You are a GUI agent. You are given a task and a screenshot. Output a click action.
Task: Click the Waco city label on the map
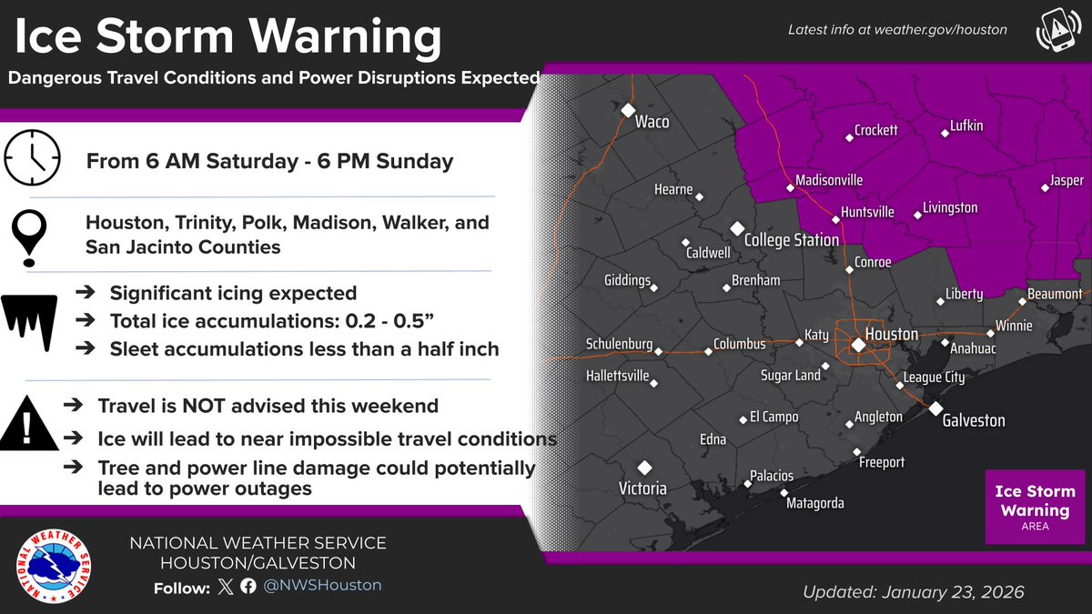652,122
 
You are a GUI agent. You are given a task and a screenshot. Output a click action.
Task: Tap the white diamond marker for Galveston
935,408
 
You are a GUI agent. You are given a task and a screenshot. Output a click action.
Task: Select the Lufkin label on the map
966,126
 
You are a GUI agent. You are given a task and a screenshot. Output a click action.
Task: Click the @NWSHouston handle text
322,586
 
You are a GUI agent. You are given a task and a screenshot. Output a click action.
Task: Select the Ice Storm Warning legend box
1034,507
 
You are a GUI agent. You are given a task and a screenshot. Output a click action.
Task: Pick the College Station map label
791,240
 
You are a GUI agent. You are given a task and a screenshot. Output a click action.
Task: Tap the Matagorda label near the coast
816,503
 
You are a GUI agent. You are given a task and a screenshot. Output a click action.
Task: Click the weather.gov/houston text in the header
942,30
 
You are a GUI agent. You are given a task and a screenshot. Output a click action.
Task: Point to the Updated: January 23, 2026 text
913,592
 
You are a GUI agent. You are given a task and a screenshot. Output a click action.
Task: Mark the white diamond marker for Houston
858,345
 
